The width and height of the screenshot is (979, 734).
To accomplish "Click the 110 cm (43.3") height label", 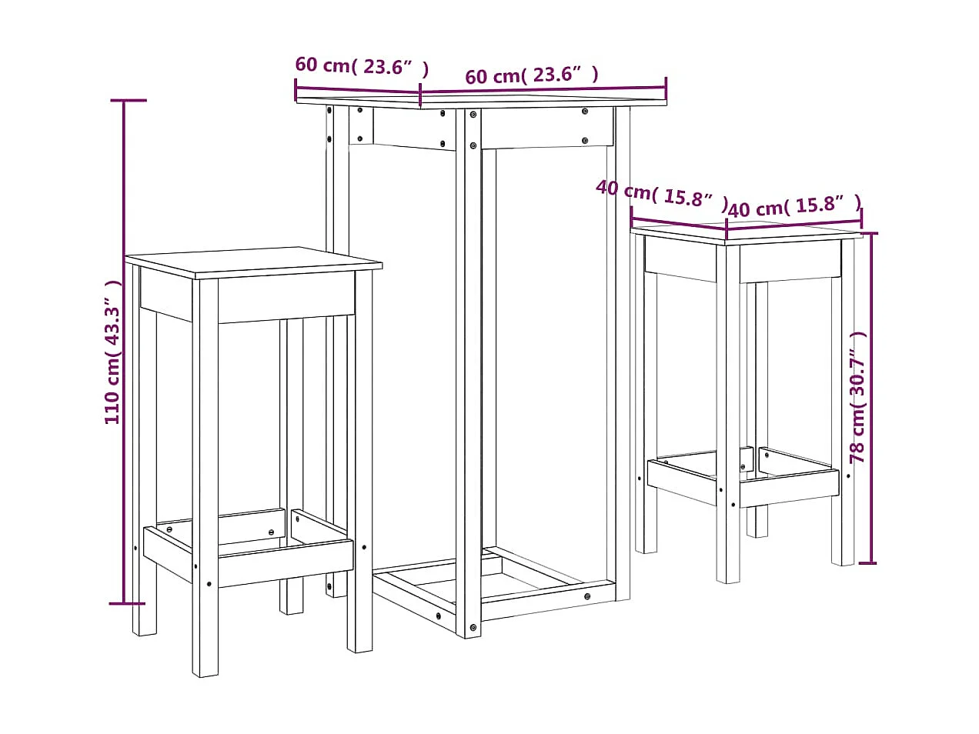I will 112,352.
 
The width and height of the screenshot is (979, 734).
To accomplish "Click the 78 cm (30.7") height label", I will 857,397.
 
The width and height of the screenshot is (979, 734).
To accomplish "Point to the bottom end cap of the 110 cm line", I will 124,603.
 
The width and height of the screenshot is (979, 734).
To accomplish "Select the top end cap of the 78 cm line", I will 869,232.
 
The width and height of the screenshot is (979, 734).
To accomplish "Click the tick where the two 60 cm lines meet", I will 420,96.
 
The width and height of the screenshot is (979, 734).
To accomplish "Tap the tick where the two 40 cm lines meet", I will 727,229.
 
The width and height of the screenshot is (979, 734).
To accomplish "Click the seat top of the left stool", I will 254,262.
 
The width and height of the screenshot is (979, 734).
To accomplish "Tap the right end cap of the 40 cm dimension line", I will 861,221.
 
